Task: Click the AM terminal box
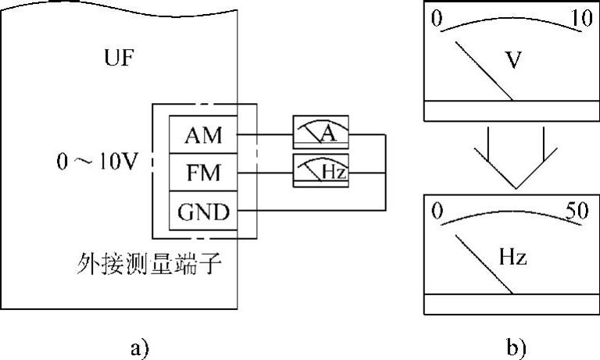204,135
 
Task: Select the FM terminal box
204,173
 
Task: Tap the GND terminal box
204,211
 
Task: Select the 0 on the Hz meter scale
437,211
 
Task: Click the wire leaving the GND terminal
312,210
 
